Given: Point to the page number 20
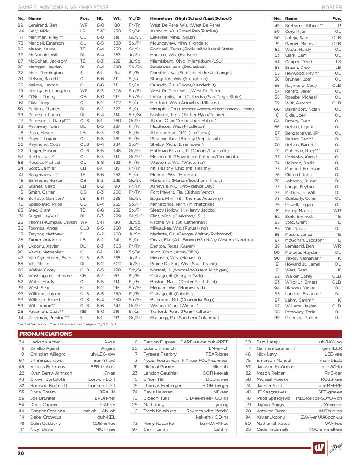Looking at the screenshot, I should [21, 453].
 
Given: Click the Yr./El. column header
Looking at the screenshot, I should [135, 18].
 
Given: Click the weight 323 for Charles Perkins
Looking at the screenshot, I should [117, 109].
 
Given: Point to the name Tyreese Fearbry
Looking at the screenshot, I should [159, 354].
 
